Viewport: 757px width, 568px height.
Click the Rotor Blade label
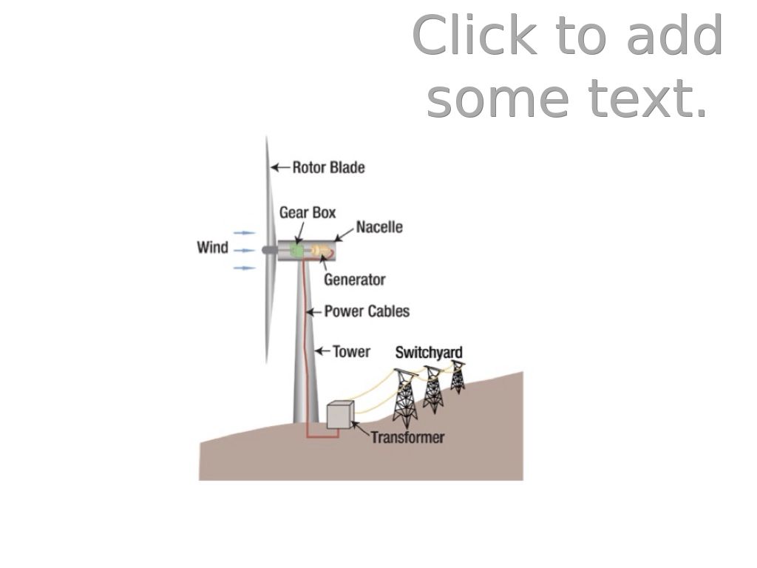[x=328, y=167]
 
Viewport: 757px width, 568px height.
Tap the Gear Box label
[x=308, y=213]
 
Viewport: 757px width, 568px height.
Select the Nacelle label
[x=379, y=227]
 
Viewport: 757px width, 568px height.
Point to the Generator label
[x=354, y=280]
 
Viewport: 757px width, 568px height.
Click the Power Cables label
[x=367, y=311]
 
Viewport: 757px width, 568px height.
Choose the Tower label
[x=351, y=351]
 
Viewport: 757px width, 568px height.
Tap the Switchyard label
[x=429, y=352]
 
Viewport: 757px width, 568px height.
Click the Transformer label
[x=407, y=437]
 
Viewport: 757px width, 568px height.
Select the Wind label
[x=213, y=247]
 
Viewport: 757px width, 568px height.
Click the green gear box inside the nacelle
[x=297, y=251]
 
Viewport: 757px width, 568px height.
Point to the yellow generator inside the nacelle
[x=319, y=251]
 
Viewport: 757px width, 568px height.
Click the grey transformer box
[x=340, y=414]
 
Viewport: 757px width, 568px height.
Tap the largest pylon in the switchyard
[x=404, y=396]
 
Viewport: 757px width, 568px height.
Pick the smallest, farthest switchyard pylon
[x=458, y=376]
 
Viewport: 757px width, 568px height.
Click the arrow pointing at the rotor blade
[x=279, y=167]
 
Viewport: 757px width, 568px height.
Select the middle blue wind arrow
[x=244, y=251]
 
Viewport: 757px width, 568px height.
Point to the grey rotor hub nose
[x=267, y=251]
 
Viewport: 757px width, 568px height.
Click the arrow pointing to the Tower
[x=322, y=351]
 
